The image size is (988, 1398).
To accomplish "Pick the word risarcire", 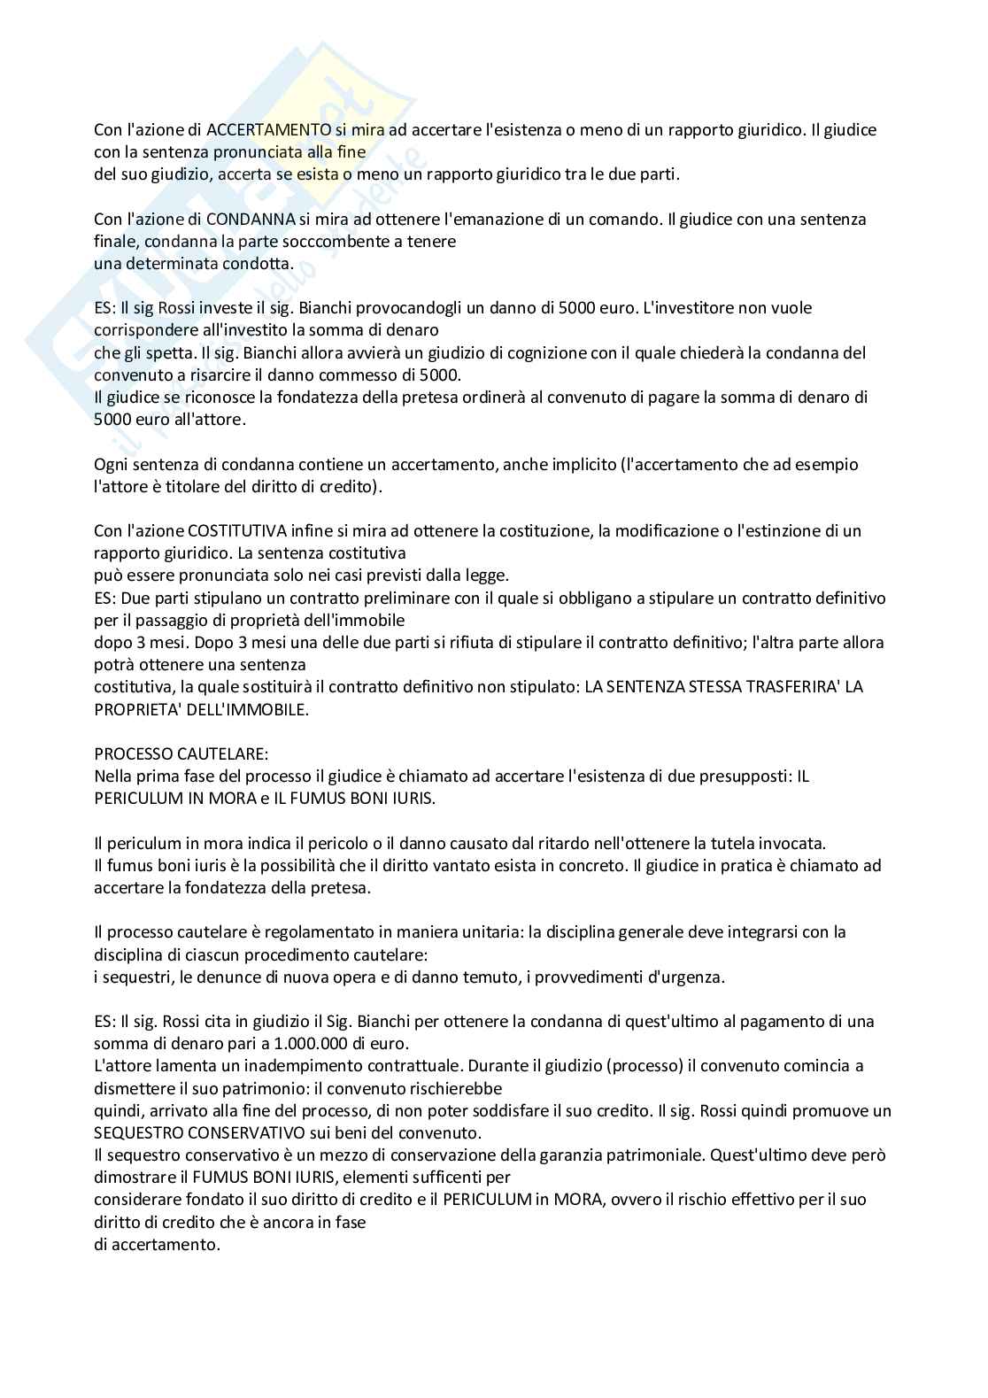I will tap(201, 375).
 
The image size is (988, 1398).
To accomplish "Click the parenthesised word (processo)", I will tap(643, 1065).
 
